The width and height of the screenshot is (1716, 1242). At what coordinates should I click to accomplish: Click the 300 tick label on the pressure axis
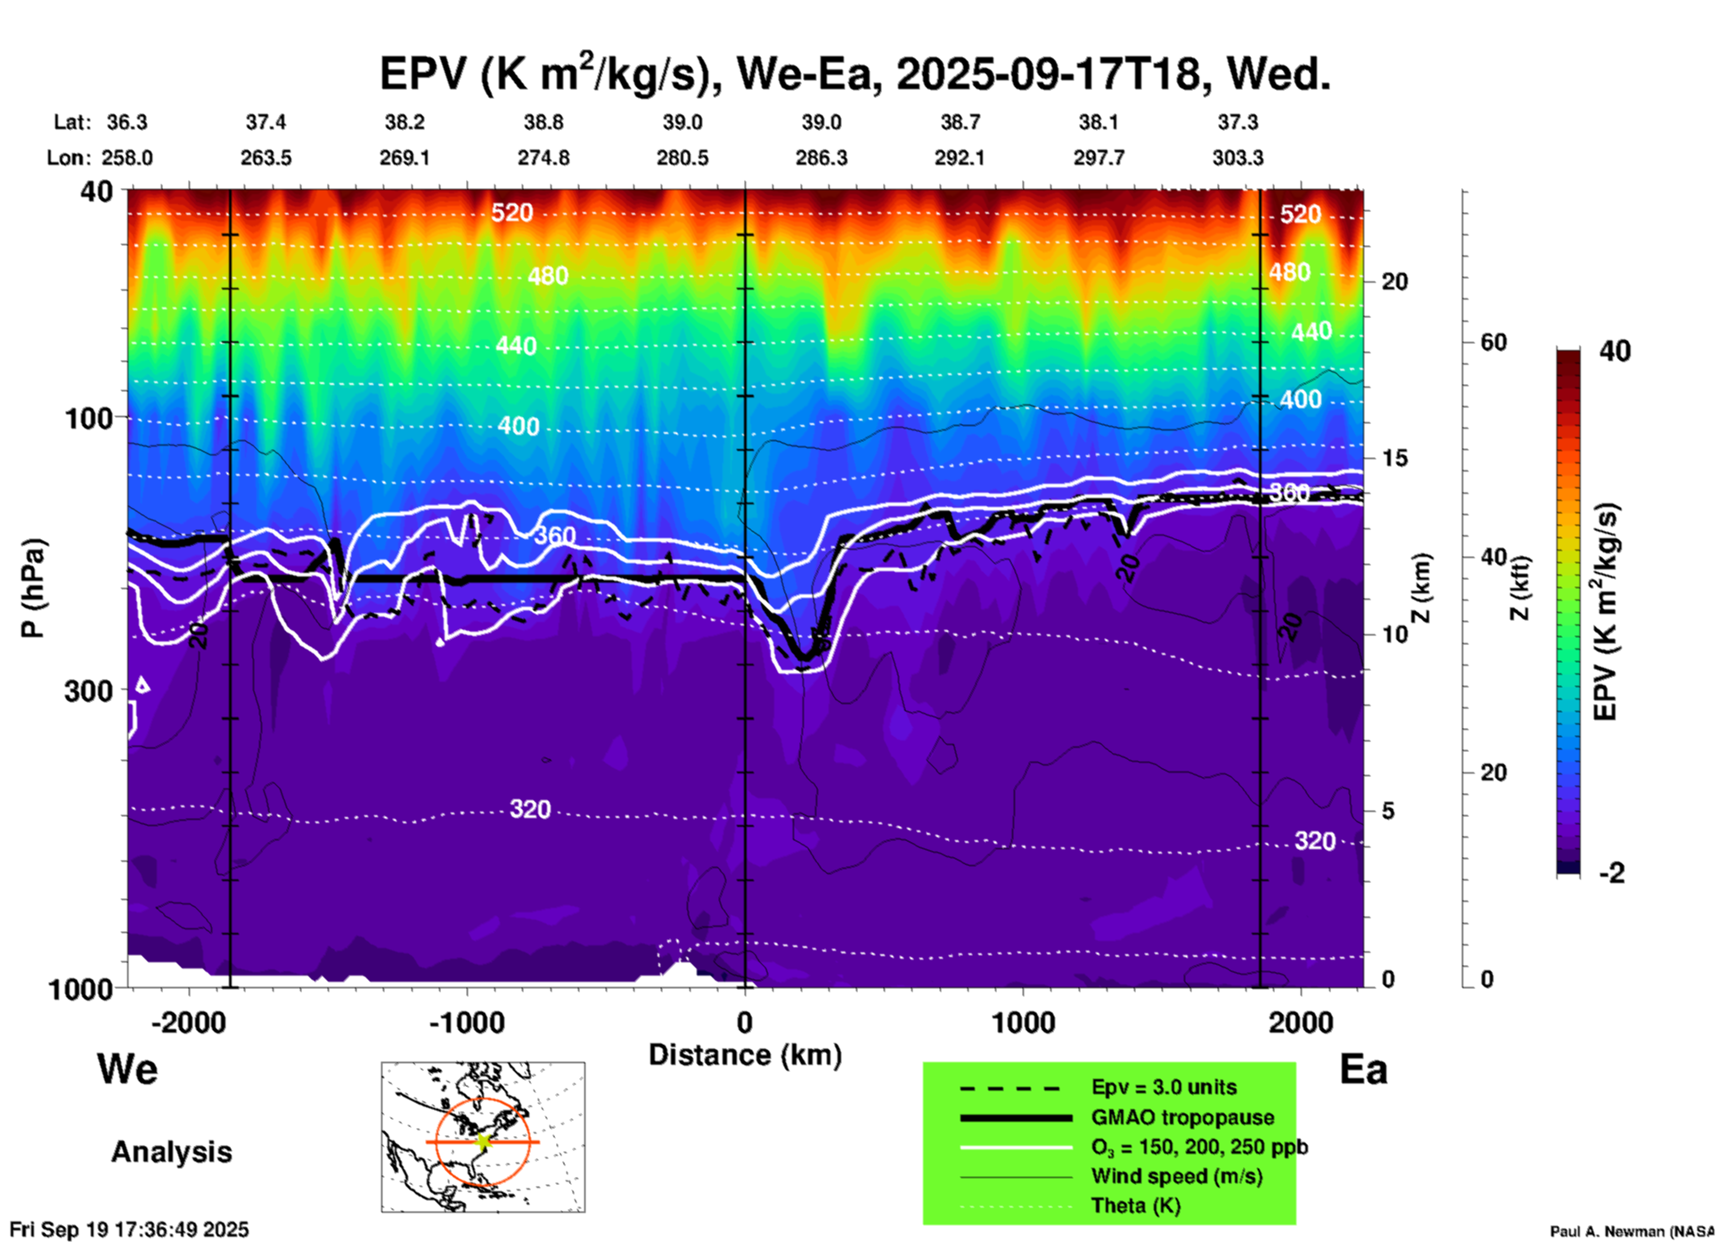click(x=88, y=691)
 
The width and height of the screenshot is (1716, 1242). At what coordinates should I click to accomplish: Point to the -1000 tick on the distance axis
click(x=467, y=1022)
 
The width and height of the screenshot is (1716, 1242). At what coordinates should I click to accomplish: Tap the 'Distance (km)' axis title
click(x=745, y=1055)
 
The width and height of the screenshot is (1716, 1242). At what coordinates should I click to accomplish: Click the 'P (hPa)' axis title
click(x=32, y=588)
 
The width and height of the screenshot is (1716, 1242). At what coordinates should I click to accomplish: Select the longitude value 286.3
click(x=821, y=158)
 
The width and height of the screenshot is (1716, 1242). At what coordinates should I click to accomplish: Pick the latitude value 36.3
click(x=127, y=122)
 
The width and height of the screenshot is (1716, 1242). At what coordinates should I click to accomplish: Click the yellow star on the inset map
click(x=484, y=1141)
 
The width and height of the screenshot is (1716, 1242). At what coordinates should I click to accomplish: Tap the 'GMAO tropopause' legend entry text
click(x=1182, y=1117)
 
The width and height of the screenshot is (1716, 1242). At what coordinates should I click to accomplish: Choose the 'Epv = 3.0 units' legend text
click(x=1164, y=1088)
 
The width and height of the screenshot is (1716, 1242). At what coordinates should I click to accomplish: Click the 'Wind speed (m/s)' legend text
click(x=1177, y=1176)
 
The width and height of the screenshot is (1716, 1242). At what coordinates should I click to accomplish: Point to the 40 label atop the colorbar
click(x=1614, y=351)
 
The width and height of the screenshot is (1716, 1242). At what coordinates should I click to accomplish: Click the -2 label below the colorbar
click(x=1612, y=873)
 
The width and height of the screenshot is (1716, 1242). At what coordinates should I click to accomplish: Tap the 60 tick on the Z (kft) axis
click(x=1493, y=342)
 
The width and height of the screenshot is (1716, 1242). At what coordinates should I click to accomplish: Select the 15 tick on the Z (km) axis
click(x=1394, y=458)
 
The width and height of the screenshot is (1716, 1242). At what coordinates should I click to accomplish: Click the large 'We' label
click(x=127, y=1068)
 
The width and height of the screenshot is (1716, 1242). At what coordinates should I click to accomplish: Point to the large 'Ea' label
click(x=1363, y=1070)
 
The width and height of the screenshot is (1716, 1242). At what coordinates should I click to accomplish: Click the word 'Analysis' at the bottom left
click(x=171, y=1152)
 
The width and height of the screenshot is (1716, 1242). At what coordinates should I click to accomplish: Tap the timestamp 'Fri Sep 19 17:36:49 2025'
click(x=129, y=1230)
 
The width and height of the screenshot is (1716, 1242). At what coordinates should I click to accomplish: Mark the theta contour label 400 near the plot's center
click(x=519, y=426)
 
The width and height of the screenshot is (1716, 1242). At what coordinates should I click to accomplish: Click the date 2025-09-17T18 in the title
click(x=1048, y=74)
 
